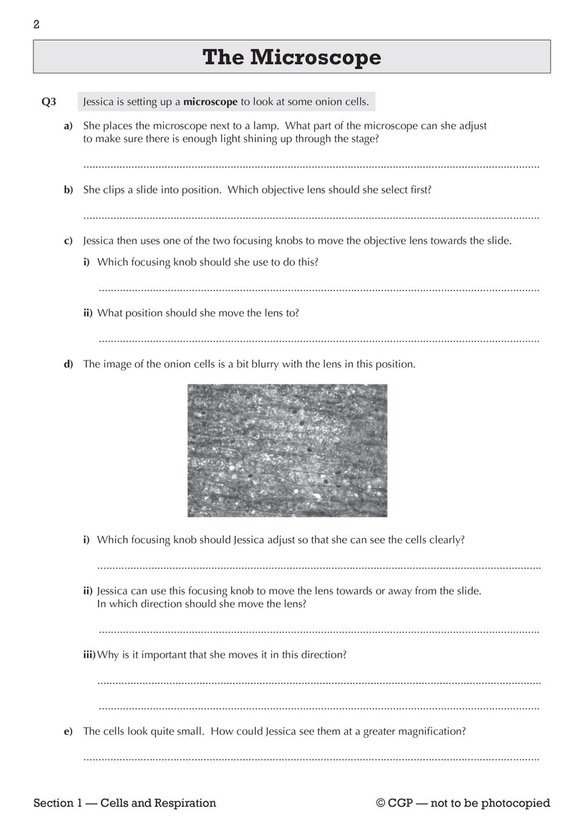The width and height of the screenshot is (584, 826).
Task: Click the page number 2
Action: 36,25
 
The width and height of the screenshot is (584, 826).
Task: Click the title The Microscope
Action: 292,57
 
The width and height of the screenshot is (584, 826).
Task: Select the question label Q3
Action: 49,102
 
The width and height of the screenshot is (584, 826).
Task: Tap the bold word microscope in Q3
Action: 210,102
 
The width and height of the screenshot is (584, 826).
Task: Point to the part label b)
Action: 69,190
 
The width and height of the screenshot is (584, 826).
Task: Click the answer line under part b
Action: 311,217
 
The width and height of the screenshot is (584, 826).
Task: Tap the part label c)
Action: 69,241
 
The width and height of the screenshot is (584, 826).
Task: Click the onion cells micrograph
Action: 287,450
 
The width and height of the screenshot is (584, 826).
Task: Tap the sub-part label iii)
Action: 89,655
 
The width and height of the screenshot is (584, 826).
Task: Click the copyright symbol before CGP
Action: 380,804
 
